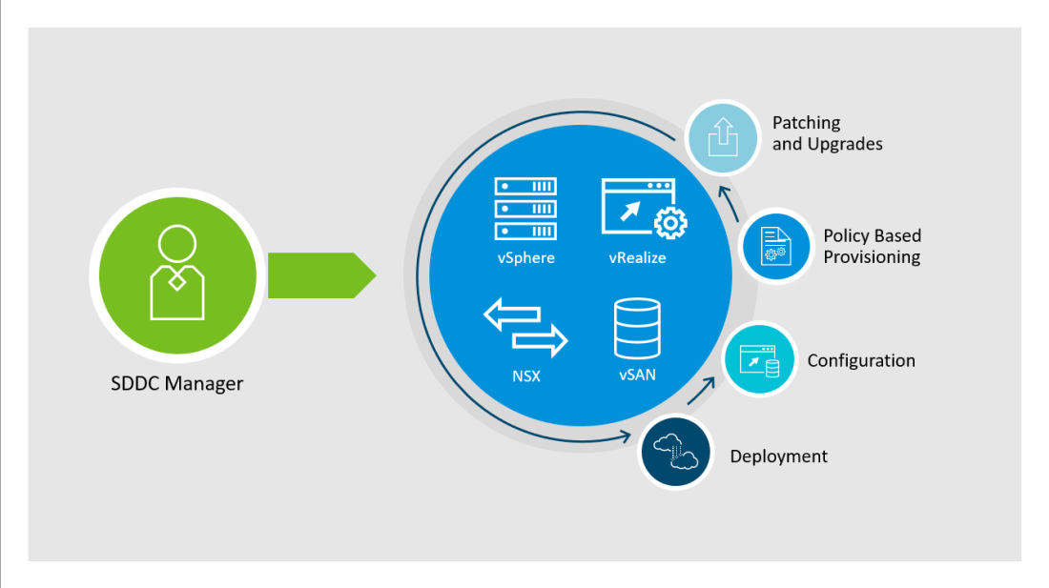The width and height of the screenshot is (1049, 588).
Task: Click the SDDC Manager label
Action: tap(176, 385)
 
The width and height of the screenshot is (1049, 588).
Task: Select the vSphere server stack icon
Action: tap(525, 209)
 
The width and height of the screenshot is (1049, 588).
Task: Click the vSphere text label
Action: tap(524, 257)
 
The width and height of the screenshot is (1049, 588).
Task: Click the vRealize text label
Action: tap(637, 257)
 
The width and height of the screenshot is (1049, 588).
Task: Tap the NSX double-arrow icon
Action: tap(525, 327)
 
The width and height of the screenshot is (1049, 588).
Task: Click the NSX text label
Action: tap(525, 375)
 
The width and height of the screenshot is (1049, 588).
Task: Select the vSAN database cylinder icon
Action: tap(637, 328)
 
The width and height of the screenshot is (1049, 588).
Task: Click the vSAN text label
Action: tap(637, 375)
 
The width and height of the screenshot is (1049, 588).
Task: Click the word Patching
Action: tap(807, 123)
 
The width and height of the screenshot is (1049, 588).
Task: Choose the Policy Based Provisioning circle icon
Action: tap(775, 246)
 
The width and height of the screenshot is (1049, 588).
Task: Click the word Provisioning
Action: tap(872, 257)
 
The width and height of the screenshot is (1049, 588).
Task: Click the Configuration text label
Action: tap(861, 360)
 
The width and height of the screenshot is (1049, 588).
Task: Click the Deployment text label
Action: tap(779, 456)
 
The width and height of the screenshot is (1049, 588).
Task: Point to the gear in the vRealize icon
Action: tap(670, 222)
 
